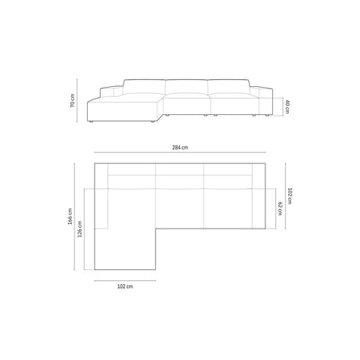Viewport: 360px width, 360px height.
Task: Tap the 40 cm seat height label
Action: click(287, 106)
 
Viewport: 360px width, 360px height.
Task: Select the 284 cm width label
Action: click(180, 146)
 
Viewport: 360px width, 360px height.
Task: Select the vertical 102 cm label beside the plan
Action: click(290, 196)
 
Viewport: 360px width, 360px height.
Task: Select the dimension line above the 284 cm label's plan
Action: click(180, 153)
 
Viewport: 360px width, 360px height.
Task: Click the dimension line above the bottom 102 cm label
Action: click(125, 280)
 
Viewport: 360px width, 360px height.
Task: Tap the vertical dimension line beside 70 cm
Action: click(78, 102)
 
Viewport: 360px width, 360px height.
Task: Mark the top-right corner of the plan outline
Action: click(268, 163)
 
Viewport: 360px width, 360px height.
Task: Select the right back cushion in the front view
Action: click(227, 88)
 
